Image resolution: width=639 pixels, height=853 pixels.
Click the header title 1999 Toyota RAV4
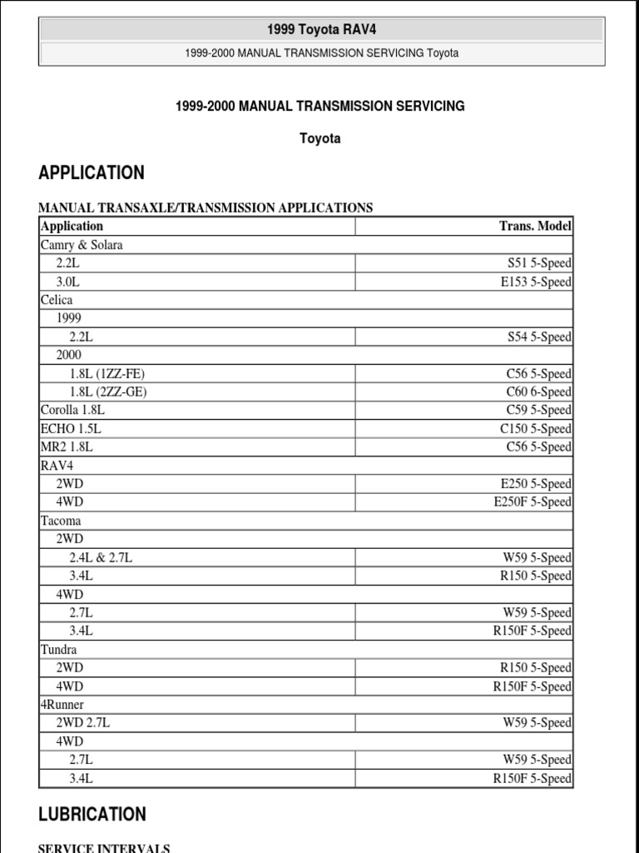[x=321, y=30]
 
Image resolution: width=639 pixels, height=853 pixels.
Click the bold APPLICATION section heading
[x=92, y=173]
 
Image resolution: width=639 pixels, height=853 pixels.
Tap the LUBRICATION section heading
[x=92, y=815]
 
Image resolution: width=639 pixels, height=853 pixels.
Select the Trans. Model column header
[x=535, y=226]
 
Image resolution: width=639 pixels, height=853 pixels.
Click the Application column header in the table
[x=72, y=226]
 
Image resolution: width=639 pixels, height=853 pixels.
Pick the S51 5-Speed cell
[x=539, y=263]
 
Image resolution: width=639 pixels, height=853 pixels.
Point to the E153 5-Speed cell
[x=536, y=282]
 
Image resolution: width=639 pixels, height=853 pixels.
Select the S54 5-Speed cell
[x=539, y=337]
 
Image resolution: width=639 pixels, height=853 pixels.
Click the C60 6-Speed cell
[x=538, y=392]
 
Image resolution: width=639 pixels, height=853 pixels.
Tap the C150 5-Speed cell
[x=535, y=428]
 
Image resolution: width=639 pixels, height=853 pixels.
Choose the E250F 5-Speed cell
[x=532, y=501]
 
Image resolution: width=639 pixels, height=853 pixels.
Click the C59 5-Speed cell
[x=538, y=410]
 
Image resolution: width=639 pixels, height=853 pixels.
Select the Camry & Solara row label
[x=82, y=245]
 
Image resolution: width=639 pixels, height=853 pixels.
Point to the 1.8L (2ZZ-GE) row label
[x=108, y=392]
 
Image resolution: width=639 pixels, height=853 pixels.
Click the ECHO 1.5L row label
[x=72, y=428]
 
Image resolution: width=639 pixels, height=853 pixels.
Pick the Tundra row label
[x=57, y=649]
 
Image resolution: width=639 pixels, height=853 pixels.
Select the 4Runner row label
[x=62, y=704]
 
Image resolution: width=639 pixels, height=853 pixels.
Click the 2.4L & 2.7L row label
[x=101, y=557]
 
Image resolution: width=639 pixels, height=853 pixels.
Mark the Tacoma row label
[x=61, y=521]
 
